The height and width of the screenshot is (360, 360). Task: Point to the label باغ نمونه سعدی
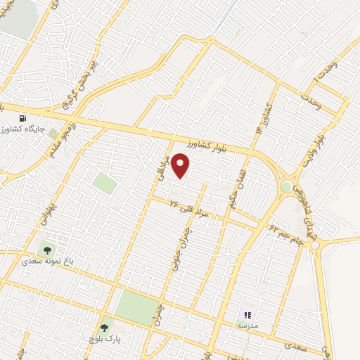48,261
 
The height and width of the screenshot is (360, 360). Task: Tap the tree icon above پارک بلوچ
105,327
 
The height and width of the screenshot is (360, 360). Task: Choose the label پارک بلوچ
105,340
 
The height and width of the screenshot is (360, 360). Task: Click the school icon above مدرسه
247,315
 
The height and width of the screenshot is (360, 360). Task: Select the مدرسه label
247,327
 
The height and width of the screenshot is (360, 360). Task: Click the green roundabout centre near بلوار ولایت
286,187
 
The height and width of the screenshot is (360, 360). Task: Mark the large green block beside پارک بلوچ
137,307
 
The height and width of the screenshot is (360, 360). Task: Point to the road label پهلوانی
48,211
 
